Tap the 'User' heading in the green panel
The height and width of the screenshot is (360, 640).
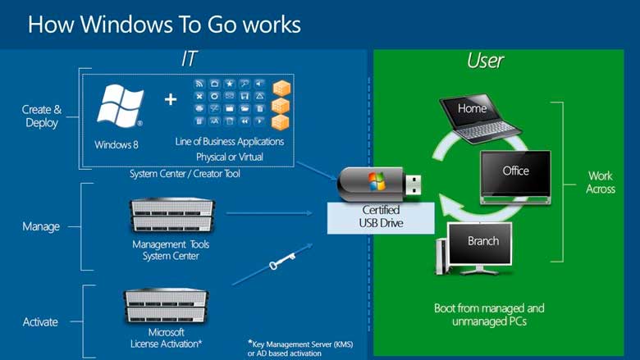pos(485,60)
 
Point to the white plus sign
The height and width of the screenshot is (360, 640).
pos(170,99)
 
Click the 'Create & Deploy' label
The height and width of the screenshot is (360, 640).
pos(40,116)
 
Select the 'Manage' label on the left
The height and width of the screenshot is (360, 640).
pos(40,226)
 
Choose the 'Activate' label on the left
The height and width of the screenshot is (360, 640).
pos(40,321)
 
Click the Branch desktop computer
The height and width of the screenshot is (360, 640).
pos(478,246)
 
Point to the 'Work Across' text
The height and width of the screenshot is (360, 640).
pos(600,182)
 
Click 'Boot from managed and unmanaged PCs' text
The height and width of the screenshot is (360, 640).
pos(489,316)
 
